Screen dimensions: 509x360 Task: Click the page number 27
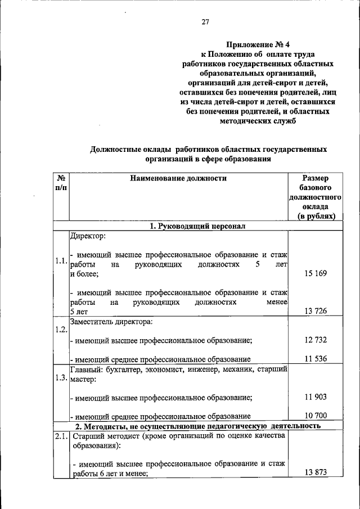tap(205, 22)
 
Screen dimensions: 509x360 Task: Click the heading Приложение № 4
tap(259, 43)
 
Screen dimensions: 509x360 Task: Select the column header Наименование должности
tap(178, 178)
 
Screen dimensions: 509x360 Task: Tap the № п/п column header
tap(61, 183)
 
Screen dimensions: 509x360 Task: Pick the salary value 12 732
tap(315, 340)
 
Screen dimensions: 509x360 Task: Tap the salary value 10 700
tap(315, 416)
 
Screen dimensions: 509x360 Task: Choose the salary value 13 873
tap(315, 473)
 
